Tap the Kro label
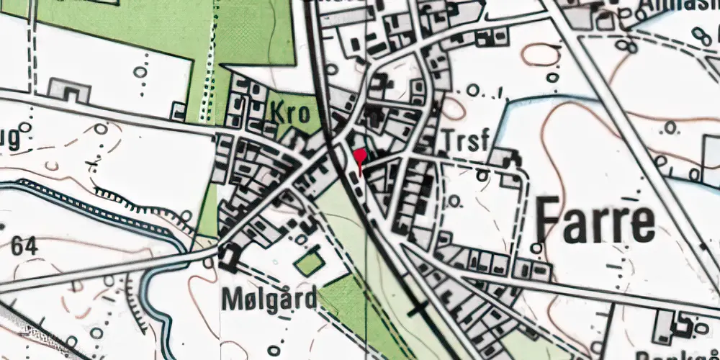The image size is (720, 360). click(x=290, y=114)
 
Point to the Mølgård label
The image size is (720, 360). click(x=268, y=300)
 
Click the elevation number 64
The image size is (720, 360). click(x=25, y=246)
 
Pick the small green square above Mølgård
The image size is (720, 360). click(x=310, y=262)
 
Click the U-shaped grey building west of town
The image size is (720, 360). click(x=69, y=91)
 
